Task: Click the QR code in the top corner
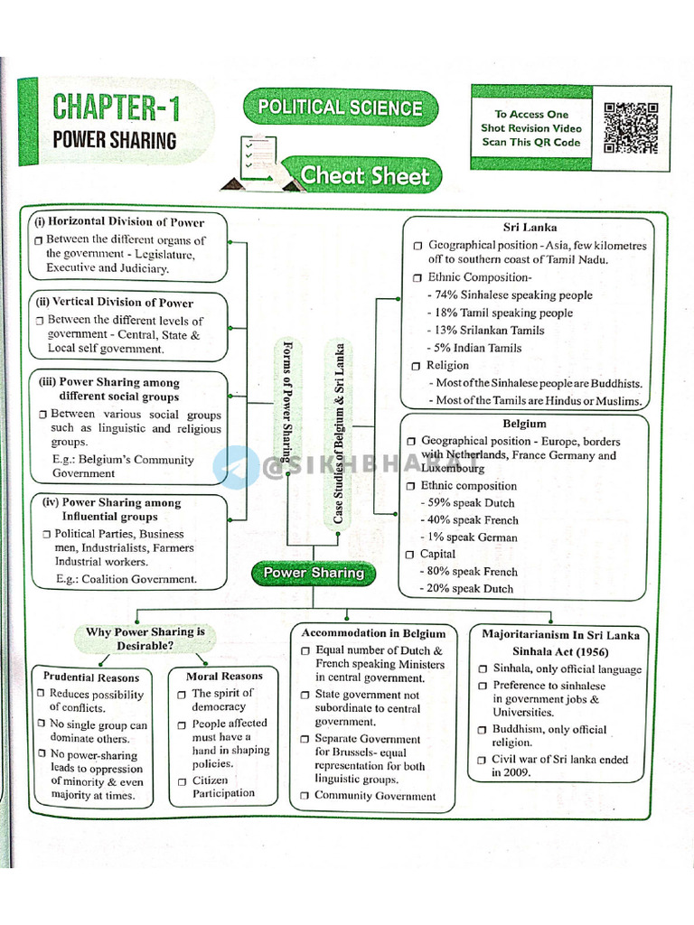point(631,127)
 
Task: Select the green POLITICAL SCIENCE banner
point(340,107)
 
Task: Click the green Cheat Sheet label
point(364,175)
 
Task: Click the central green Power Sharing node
point(313,573)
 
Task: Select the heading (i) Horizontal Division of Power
point(119,222)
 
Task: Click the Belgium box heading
point(524,424)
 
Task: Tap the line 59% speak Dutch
point(467,503)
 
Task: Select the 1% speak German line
point(469,537)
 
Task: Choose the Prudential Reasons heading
point(92,677)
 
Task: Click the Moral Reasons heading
point(224,676)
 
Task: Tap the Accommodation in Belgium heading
point(373,633)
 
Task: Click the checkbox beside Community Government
point(305,797)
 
